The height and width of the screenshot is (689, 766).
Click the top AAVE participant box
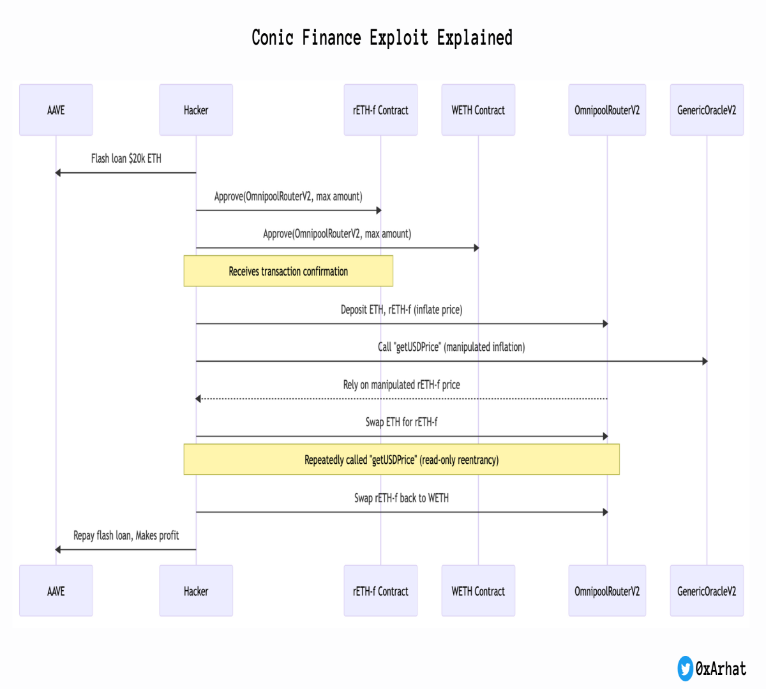56,110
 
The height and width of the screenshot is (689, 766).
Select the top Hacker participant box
196,110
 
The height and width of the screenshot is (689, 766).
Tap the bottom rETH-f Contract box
380,591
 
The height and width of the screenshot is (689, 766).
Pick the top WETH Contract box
478,110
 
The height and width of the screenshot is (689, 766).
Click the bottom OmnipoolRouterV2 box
607,591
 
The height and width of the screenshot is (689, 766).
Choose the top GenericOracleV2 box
707,110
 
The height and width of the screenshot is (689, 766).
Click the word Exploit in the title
399,38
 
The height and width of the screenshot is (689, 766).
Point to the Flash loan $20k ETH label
126,158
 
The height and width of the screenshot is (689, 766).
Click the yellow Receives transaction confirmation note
289,271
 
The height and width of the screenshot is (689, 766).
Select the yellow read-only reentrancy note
402,459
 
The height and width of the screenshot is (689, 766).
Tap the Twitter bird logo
686,669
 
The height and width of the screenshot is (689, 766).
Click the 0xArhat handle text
721,669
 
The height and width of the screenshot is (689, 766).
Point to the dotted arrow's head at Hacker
198,399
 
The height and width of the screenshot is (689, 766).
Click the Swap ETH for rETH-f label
402,422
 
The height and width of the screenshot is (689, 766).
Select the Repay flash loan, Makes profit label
126,535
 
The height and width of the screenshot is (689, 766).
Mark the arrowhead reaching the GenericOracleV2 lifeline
705,361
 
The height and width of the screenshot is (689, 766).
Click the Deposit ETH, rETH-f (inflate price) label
402,309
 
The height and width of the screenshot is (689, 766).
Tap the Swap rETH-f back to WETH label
402,498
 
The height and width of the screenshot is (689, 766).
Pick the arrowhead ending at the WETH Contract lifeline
476,248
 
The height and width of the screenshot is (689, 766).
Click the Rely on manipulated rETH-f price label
402,385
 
